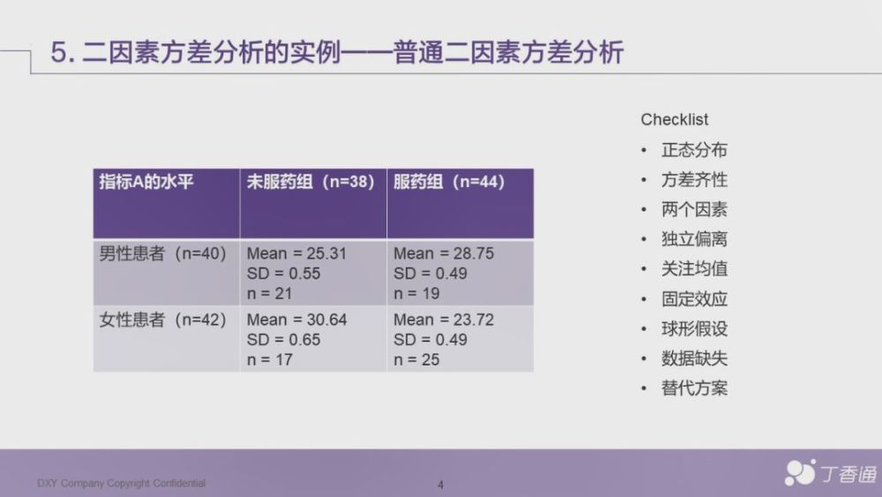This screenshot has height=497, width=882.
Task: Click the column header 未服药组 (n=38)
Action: coord(310,182)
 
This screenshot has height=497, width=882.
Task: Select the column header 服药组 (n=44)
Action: coord(449,182)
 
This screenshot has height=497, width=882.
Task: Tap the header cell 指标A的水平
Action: coord(146,182)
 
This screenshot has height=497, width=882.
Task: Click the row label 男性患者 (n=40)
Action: coord(162,253)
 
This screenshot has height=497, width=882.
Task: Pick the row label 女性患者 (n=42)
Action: coord(162,320)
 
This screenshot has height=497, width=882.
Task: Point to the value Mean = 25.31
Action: coord(296,253)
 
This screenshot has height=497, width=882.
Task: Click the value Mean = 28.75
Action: coord(444,253)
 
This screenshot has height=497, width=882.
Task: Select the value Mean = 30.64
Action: coord(296,320)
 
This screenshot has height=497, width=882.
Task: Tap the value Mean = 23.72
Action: coord(444,320)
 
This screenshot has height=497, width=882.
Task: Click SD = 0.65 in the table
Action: coord(283,340)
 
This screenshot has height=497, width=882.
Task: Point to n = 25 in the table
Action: coord(416,359)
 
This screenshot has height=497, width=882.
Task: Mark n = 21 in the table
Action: coord(269,293)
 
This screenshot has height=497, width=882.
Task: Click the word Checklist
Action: coord(675,119)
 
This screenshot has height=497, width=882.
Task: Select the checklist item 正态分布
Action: coord(694,150)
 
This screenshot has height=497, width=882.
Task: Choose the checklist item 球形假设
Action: coord(694,328)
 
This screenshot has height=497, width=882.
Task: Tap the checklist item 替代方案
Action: coord(694,388)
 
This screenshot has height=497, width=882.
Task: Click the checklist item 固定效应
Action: coord(694,299)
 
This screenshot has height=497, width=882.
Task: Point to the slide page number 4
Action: coord(440,485)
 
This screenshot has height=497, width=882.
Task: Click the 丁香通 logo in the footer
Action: coord(831,473)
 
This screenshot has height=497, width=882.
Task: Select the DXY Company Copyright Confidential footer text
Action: coord(122,483)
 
